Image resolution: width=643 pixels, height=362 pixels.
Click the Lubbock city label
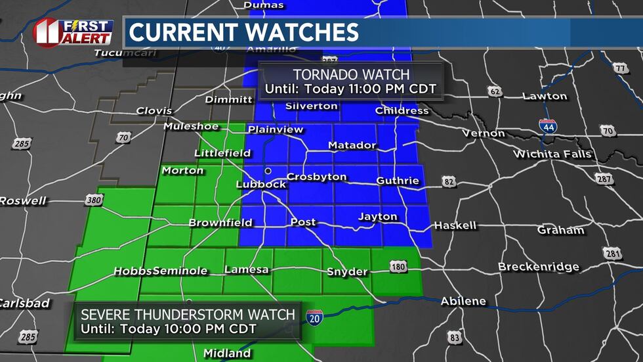(x=261, y=185)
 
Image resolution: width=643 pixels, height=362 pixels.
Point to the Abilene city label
(x=463, y=302)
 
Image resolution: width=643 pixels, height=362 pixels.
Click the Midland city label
(x=227, y=353)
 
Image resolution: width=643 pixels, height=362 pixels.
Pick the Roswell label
(x=22, y=200)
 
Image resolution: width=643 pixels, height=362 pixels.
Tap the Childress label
(x=402, y=110)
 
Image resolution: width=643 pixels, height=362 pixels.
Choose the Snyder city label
(x=347, y=271)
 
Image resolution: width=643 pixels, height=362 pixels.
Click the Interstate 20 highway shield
(x=314, y=317)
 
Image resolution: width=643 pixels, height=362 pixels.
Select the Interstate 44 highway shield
(x=548, y=126)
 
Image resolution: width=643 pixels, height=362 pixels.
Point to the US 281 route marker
(x=612, y=254)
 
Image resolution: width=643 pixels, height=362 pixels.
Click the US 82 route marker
(x=449, y=181)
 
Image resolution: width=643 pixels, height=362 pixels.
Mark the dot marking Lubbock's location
(x=268, y=171)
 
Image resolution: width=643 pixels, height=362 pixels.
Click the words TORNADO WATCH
(x=351, y=75)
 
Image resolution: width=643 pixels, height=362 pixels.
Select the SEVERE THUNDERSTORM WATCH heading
(x=188, y=315)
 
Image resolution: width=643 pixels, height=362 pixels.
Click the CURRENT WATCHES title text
(x=244, y=32)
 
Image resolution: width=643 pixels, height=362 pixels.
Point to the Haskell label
(x=455, y=225)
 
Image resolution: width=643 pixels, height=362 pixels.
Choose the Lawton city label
(x=545, y=96)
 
